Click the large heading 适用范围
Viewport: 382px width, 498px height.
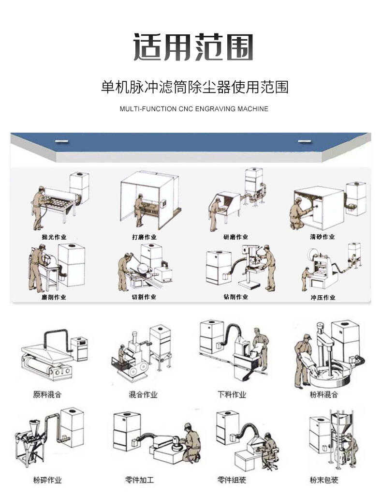click(193, 47)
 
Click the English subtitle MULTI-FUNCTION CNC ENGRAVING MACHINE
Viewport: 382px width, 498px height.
click(193, 109)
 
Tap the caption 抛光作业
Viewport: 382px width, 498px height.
click(54, 237)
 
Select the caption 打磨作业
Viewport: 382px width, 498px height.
click(144, 237)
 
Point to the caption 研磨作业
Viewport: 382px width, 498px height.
click(235, 237)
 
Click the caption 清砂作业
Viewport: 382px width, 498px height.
click(322, 237)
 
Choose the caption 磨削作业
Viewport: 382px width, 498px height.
click(54, 297)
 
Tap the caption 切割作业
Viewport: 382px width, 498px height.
click(144, 297)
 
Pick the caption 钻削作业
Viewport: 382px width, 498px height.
click(235, 297)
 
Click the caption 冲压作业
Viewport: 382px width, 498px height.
click(323, 298)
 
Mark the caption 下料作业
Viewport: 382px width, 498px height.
click(232, 394)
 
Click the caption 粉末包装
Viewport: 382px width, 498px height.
click(324, 481)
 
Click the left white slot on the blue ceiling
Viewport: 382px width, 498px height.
click(62, 141)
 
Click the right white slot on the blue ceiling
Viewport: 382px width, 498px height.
click(304, 141)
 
